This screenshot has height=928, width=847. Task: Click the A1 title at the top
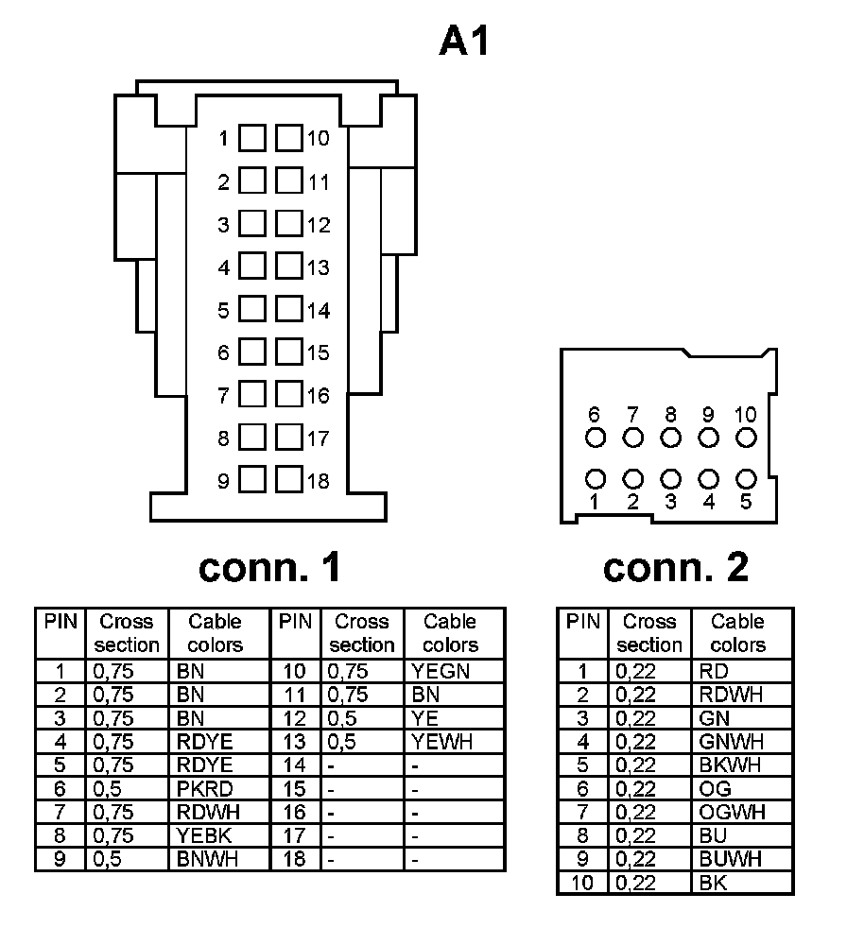point(465,41)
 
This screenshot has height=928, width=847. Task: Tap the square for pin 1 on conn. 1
point(251,139)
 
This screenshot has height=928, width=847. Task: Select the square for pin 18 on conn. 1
point(288,480)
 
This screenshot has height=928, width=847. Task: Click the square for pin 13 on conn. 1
point(288,266)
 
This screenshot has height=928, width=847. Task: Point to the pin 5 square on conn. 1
point(251,310)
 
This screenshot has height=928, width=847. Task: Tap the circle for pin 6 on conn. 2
point(595,438)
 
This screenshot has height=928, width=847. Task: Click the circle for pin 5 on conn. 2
point(746,479)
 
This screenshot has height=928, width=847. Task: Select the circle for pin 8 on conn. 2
point(670,438)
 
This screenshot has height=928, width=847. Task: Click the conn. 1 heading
point(269,567)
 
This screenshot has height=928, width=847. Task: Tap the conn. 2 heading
point(675,567)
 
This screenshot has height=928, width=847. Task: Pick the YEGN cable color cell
point(441,672)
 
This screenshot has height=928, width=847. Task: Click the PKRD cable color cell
point(203,789)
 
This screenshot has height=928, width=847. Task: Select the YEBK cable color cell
point(203,835)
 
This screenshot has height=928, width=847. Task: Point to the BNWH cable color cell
point(207,859)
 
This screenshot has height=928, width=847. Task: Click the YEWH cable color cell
point(441,742)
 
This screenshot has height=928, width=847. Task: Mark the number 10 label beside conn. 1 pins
point(318,139)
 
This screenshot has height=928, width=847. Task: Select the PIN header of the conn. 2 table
point(583,622)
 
